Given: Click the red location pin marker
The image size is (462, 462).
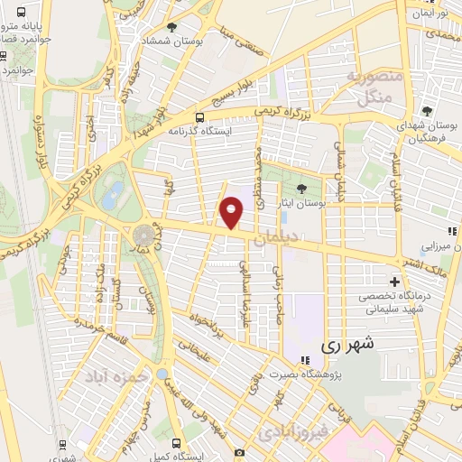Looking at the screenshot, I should click(232, 213).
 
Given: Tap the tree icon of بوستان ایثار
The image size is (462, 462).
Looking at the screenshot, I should click(300, 188).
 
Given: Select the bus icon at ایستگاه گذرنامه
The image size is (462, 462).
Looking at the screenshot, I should click(199, 116).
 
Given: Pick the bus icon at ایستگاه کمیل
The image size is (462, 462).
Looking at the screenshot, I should click(175, 443).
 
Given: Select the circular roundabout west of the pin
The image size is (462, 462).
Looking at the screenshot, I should click(143, 236).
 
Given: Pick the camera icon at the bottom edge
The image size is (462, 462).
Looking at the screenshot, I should click(239, 451).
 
